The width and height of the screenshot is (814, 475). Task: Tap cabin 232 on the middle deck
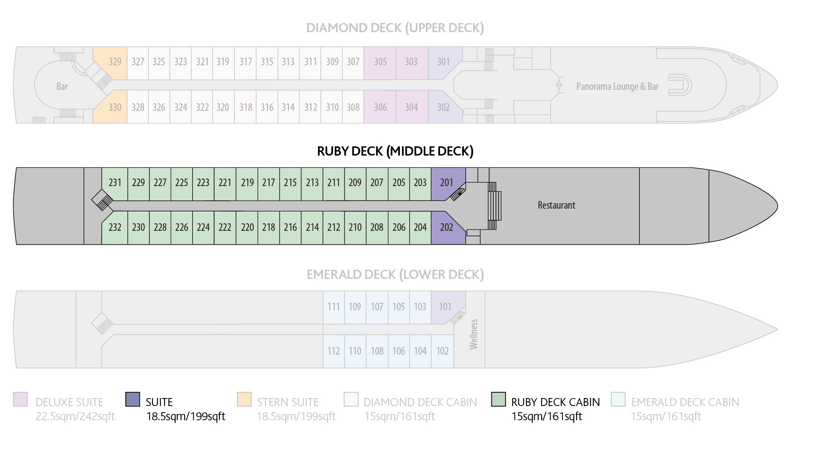[115, 227]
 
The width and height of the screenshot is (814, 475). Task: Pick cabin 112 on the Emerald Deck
[333, 351]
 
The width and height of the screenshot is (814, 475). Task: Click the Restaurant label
[556, 205]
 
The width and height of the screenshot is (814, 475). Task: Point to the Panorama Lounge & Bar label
[617, 87]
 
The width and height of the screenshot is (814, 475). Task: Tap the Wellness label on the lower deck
[473, 334]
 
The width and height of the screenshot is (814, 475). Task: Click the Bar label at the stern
[62, 87]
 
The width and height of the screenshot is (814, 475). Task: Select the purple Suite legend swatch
[132, 399]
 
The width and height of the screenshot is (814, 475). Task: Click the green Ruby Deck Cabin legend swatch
[499, 399]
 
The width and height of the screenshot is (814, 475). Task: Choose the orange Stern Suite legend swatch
[244, 399]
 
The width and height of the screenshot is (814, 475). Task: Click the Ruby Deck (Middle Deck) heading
[395, 151]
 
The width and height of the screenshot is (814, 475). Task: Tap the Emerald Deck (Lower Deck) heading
[395, 275]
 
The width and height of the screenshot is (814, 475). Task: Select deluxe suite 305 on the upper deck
[380, 63]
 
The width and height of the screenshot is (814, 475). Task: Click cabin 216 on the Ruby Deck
[290, 227]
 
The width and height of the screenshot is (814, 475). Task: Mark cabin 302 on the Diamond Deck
[443, 107]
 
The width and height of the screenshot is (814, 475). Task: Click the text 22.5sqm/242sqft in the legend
[75, 416]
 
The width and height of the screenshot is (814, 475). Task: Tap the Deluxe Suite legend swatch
[20, 399]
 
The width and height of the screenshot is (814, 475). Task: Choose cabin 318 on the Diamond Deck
[245, 107]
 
